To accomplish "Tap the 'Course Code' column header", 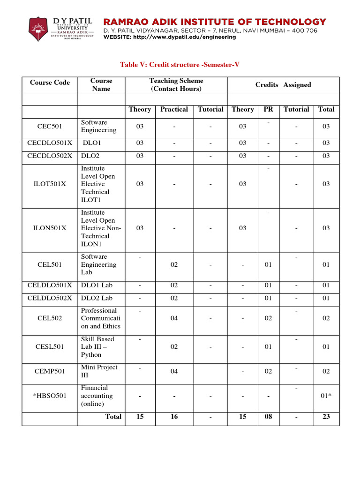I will coord(50,82).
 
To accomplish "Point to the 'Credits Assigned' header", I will coord(283,85).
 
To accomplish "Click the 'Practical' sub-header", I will coord(174,109).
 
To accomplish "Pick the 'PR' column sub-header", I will coord(268,109).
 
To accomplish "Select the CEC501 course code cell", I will coord(50,126).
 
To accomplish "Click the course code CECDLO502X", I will coord(50,156).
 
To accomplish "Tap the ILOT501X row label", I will coord(50,184).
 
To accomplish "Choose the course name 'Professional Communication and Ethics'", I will coord(100,318).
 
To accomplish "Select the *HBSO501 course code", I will coord(50,396).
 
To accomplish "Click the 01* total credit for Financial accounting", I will coord(326,396).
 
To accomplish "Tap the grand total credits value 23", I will coord(326,417).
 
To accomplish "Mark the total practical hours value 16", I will coord(174,417).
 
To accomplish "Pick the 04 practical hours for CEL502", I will coord(174,318).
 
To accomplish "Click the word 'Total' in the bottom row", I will coord(113,417).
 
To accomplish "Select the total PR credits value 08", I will coord(268,417).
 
